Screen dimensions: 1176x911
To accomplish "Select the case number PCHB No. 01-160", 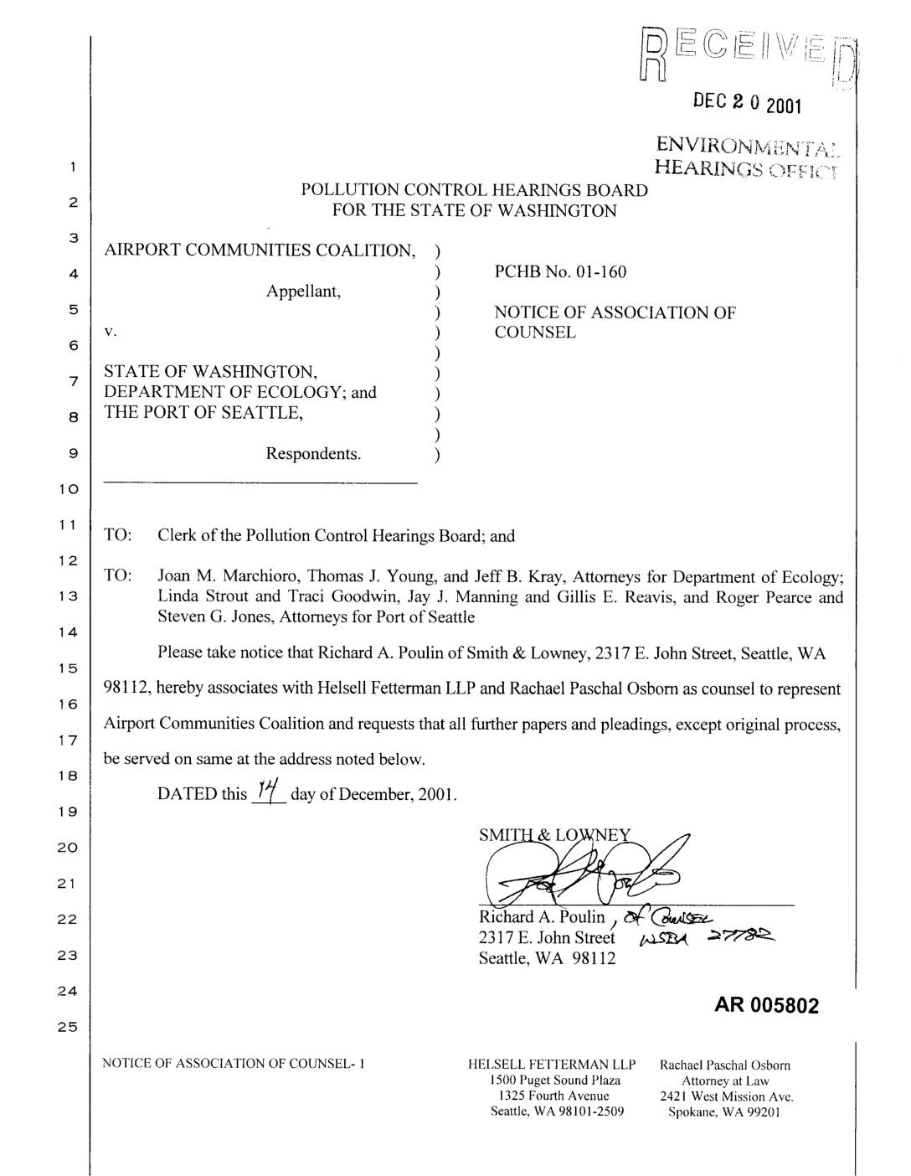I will coord(560,271).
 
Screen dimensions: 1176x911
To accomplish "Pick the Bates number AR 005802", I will coord(766,1005).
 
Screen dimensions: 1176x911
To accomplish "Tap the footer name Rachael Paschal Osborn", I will coord(725,1065).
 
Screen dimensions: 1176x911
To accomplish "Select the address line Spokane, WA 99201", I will coord(725,1112).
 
